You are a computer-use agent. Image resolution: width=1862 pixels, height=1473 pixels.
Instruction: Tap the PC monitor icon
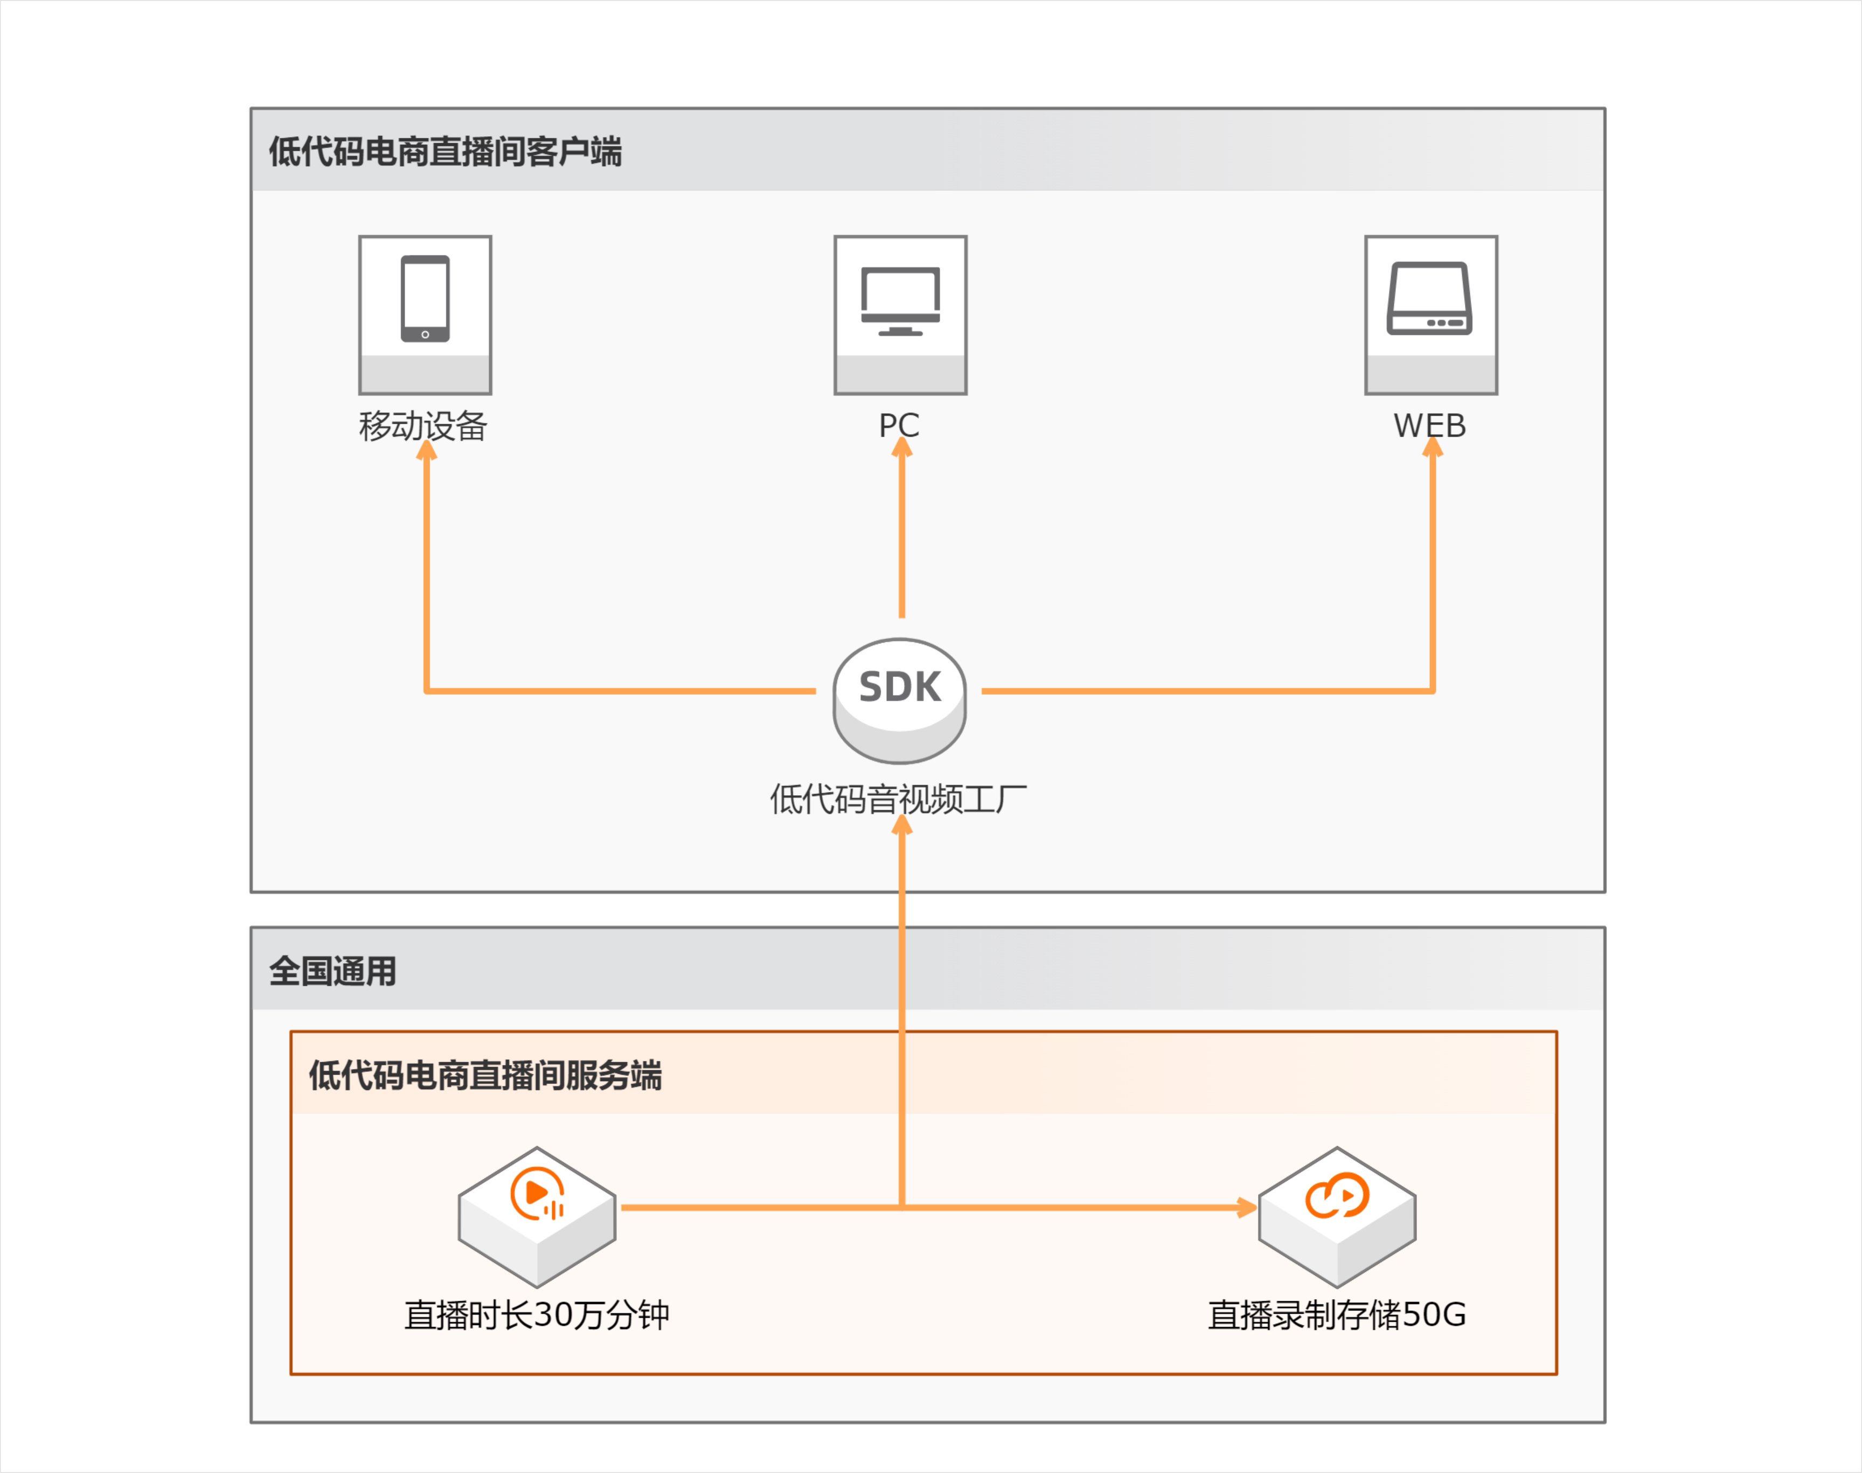coord(900,300)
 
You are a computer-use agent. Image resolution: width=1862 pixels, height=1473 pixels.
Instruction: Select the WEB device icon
coord(1430,298)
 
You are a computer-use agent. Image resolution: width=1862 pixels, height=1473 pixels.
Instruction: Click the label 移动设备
coord(423,426)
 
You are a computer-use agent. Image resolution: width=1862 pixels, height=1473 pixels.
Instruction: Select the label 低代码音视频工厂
coord(898,798)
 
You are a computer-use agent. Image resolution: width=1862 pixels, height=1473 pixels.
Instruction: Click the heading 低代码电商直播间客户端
coord(445,152)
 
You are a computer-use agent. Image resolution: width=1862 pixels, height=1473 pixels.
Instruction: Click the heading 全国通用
coord(333,971)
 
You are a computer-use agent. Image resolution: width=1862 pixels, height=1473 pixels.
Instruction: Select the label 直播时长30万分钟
coord(537,1314)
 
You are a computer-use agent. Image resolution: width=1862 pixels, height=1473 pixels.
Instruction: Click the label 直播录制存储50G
coord(1337,1314)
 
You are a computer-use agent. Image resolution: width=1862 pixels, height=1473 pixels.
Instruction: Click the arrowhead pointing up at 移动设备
coord(426,450)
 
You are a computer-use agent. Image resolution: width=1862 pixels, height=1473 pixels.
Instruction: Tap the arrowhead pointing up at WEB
coord(1432,447)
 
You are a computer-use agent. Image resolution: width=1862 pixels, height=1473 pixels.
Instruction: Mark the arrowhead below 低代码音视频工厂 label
coord(902,825)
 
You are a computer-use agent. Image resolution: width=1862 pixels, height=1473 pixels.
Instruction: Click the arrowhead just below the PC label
coord(902,447)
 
